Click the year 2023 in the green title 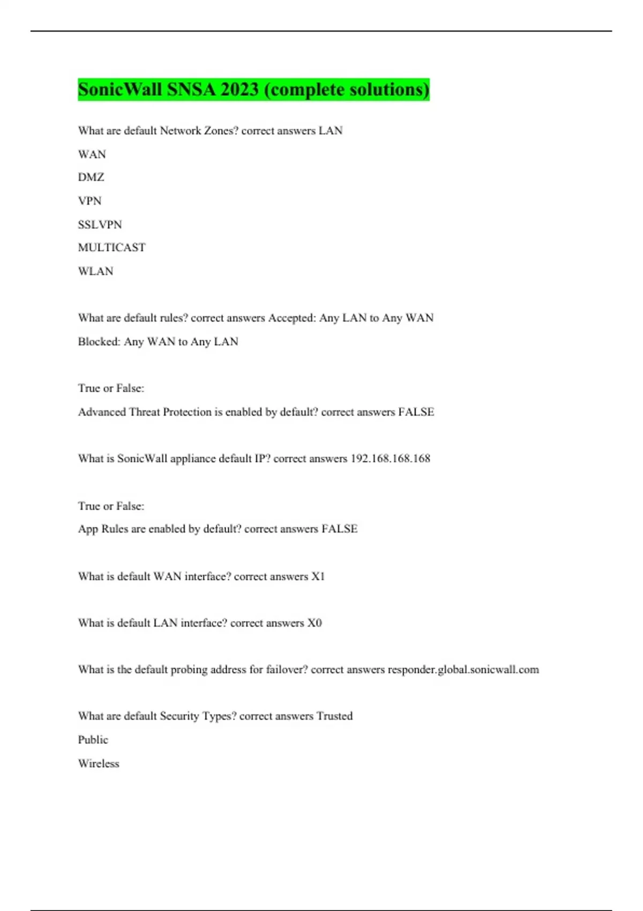(x=240, y=89)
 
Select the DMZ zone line (x=91, y=177)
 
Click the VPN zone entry (x=89, y=201)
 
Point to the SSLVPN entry (x=100, y=225)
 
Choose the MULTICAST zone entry (x=111, y=248)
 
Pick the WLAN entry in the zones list (x=95, y=271)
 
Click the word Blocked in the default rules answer (x=99, y=341)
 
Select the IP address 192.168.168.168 (x=390, y=459)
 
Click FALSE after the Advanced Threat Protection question (x=416, y=412)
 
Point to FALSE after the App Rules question (x=339, y=529)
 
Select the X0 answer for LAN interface (x=314, y=623)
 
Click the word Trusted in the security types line (x=334, y=716)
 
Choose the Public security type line (x=93, y=740)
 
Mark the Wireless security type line (x=99, y=764)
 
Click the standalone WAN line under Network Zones (x=92, y=154)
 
